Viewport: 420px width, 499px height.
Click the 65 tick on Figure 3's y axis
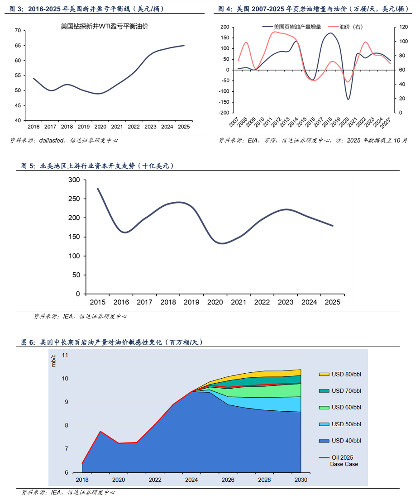18,46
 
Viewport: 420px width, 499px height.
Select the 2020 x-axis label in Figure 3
100,127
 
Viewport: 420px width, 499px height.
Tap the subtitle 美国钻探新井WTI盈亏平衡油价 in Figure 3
105,27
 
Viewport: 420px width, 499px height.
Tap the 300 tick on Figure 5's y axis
74,180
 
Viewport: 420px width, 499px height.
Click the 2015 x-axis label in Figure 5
97,302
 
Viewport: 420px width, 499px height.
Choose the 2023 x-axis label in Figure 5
286,302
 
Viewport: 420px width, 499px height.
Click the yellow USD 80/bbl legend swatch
324,374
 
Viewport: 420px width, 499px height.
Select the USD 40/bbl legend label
346,441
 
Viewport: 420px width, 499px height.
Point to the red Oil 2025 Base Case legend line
324,458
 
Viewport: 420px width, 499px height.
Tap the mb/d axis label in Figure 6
53,360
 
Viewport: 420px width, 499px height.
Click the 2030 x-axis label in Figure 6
301,480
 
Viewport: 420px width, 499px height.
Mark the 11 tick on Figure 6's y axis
65,355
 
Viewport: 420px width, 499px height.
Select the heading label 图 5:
28,166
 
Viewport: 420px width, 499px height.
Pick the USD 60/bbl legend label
346,407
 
